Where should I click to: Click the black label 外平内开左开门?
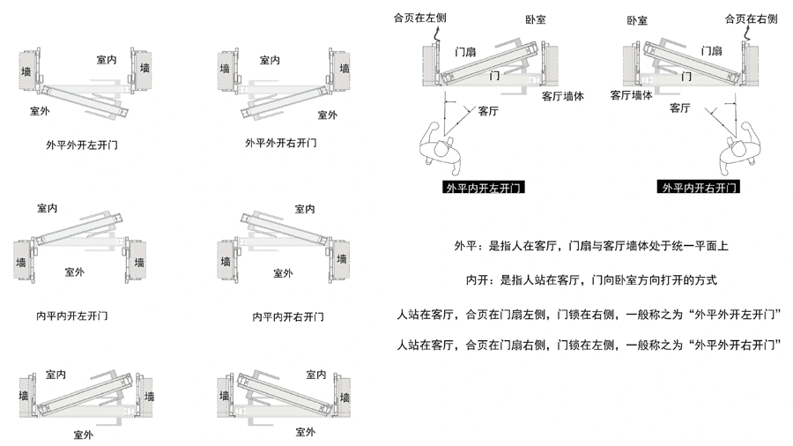click(485, 188)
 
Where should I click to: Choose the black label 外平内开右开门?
click(699, 188)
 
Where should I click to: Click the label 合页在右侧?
click(751, 18)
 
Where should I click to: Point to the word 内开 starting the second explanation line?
click(477, 281)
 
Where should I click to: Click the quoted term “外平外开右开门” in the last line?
click(736, 344)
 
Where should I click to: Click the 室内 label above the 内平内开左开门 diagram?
click(48, 209)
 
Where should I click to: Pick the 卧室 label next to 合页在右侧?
click(637, 19)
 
